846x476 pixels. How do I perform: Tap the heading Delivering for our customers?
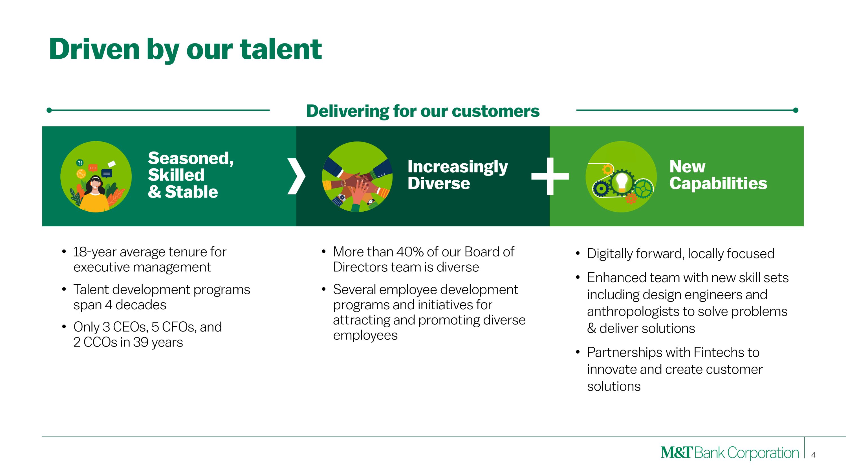click(x=423, y=111)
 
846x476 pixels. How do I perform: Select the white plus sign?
click(x=550, y=176)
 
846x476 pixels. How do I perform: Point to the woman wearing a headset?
click(x=95, y=194)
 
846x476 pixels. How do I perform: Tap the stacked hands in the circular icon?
click(x=357, y=184)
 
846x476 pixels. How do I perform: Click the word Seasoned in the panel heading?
click(x=190, y=159)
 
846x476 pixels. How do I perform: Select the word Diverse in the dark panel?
click(x=439, y=183)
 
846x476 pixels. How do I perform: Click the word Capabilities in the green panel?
click(x=718, y=184)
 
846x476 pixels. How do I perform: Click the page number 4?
click(x=813, y=455)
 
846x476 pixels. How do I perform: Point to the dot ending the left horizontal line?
click(x=49, y=110)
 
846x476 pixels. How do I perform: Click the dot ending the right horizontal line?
click(x=796, y=110)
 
